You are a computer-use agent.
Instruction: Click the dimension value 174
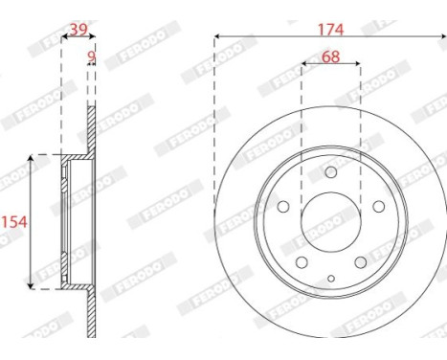[331, 30]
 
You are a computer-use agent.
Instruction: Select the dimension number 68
[331, 56]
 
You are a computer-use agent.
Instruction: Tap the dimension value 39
[78, 30]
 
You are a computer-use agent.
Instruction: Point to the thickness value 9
[92, 56]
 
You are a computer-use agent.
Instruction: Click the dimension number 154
[14, 222]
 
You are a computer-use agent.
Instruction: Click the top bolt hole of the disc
[331, 172]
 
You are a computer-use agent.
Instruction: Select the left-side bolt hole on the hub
[283, 207]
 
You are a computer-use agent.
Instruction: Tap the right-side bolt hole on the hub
[379, 207]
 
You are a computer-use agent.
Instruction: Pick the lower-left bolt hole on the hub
[302, 262]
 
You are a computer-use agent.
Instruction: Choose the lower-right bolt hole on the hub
[361, 262]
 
